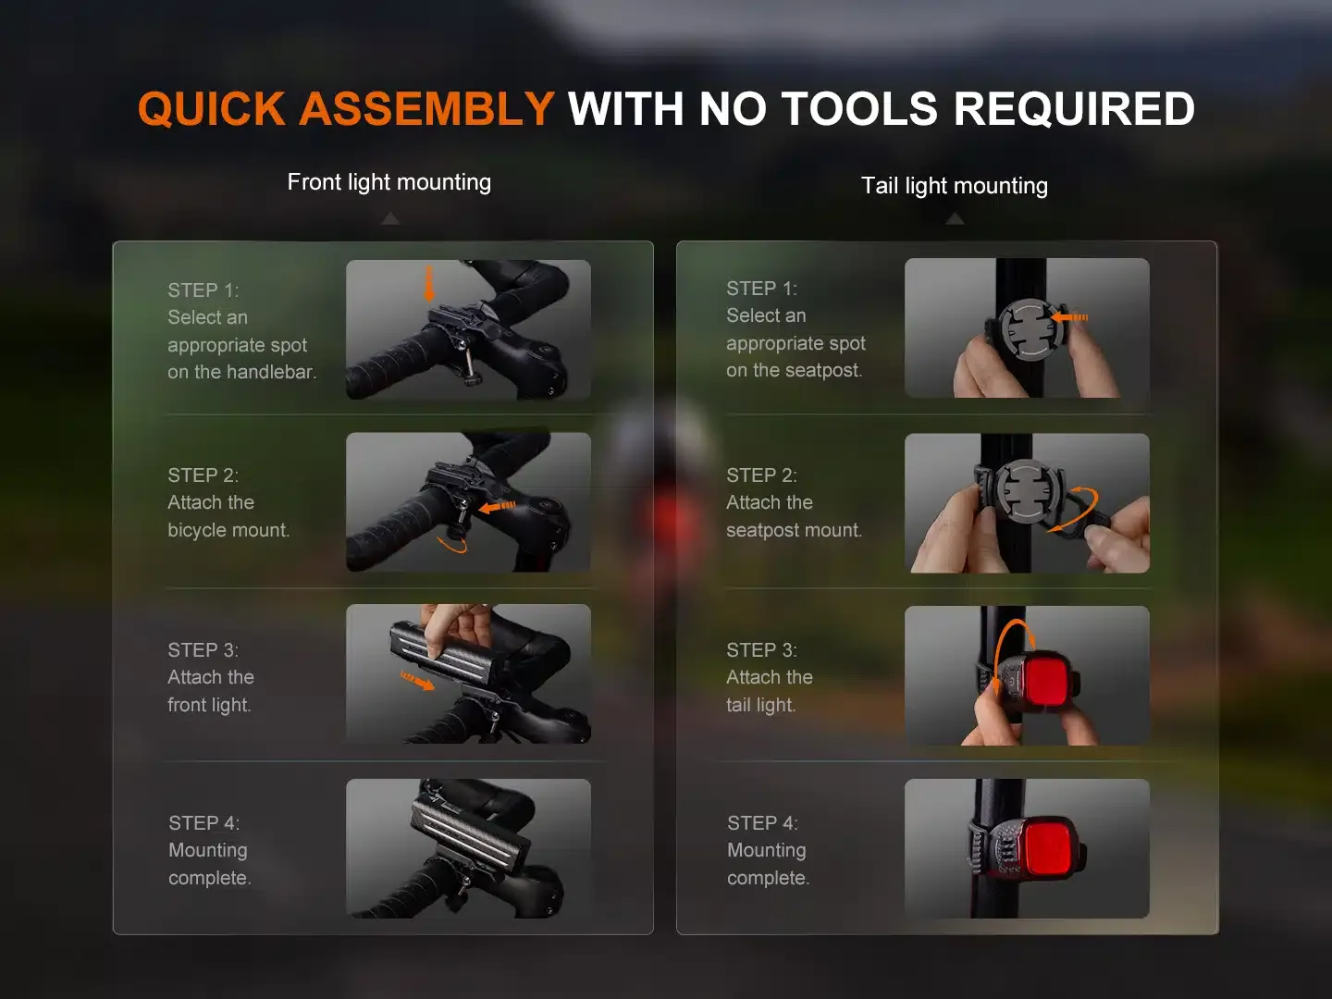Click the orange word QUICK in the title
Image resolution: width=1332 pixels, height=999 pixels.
pos(211,108)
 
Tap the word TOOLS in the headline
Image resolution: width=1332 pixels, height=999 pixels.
pos(859,108)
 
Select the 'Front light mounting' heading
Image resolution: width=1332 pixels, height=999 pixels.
pos(389,182)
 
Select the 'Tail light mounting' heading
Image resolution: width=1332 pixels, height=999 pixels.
pos(955,186)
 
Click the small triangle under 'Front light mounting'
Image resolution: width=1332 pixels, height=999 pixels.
pos(390,218)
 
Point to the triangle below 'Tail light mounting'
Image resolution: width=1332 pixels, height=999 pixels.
pos(955,218)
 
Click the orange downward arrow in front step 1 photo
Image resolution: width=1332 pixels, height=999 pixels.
pos(429,283)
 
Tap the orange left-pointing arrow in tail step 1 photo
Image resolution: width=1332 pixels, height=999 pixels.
pos(1069,317)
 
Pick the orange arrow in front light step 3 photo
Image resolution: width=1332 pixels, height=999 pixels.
pos(416,681)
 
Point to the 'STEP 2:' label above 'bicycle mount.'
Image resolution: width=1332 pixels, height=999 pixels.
pos(203,475)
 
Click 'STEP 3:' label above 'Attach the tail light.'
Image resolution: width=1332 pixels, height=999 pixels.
pos(762,649)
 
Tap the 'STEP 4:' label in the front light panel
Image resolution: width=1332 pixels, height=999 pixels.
pos(204,822)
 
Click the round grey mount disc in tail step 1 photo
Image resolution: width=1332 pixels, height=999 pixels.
pos(1028,329)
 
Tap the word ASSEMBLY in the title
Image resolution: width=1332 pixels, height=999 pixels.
pos(426,108)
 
